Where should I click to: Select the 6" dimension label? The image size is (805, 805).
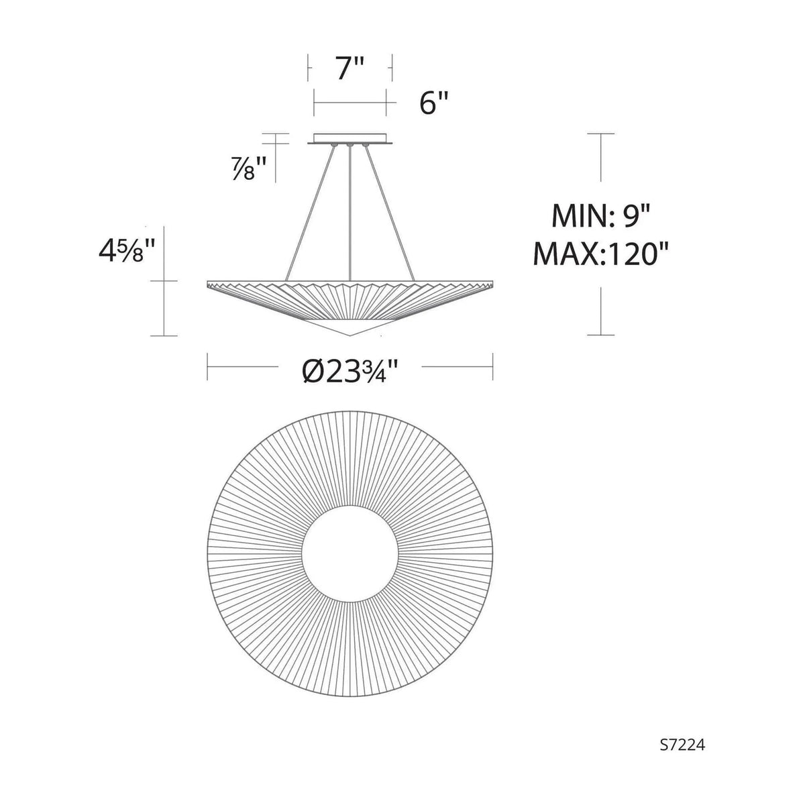(433, 103)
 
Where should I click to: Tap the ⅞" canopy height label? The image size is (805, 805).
(249, 168)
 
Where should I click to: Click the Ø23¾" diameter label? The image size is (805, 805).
(350, 367)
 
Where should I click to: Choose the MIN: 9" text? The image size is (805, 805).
(600, 215)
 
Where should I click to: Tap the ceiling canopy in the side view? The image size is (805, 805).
(350, 139)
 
